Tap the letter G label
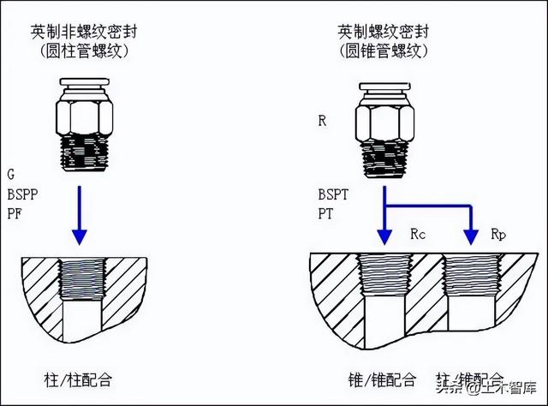tap(11, 175)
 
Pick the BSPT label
tap(334, 195)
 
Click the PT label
tap(326, 213)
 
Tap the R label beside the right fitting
tap(322, 121)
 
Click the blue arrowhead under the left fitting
tap(80, 232)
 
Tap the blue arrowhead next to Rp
tap(468, 234)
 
